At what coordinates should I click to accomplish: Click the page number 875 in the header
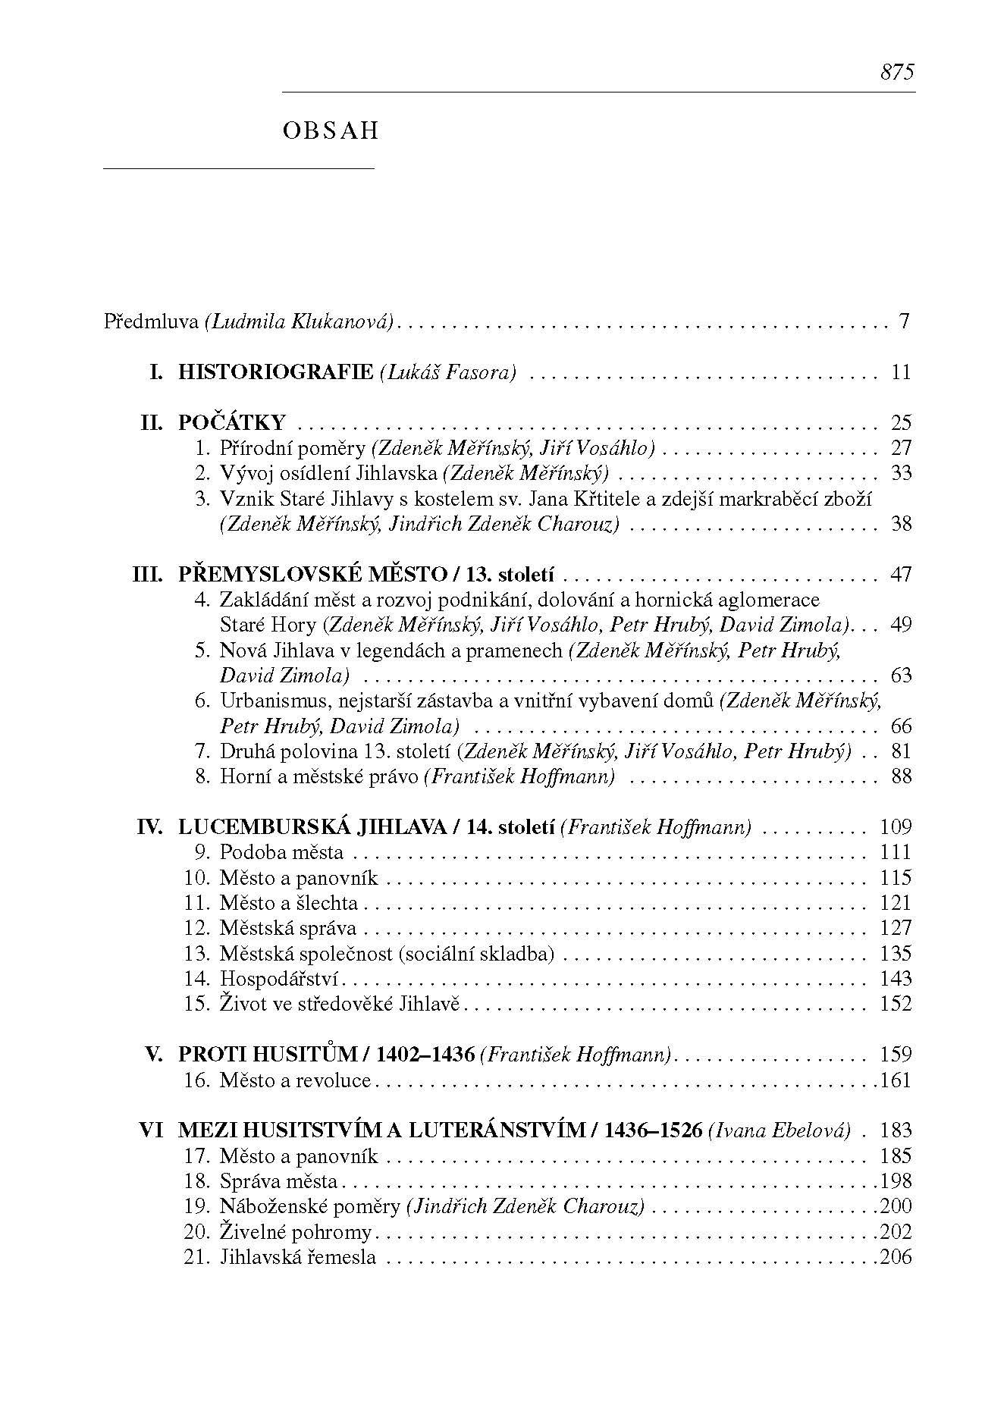coord(897,73)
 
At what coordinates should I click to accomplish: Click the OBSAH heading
coord(330,131)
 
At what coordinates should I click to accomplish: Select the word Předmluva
coord(151,321)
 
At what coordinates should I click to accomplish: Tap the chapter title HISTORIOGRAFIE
coord(275,372)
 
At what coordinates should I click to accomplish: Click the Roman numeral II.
coord(152,422)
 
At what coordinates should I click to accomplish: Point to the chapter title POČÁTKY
coord(231,422)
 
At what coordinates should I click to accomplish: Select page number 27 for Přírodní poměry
coord(901,447)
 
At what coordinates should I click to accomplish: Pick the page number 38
coord(901,524)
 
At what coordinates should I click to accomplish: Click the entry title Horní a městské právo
coord(318,776)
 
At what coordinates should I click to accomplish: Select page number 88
coord(901,776)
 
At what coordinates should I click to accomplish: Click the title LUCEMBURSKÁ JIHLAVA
coord(312,827)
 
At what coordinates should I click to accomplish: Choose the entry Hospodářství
coord(278,979)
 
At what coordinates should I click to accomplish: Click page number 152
coord(896,1004)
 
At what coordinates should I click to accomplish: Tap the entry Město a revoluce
coord(295,1080)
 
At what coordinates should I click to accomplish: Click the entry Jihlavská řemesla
coord(297,1257)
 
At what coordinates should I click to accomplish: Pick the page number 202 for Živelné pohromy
coord(896,1231)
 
